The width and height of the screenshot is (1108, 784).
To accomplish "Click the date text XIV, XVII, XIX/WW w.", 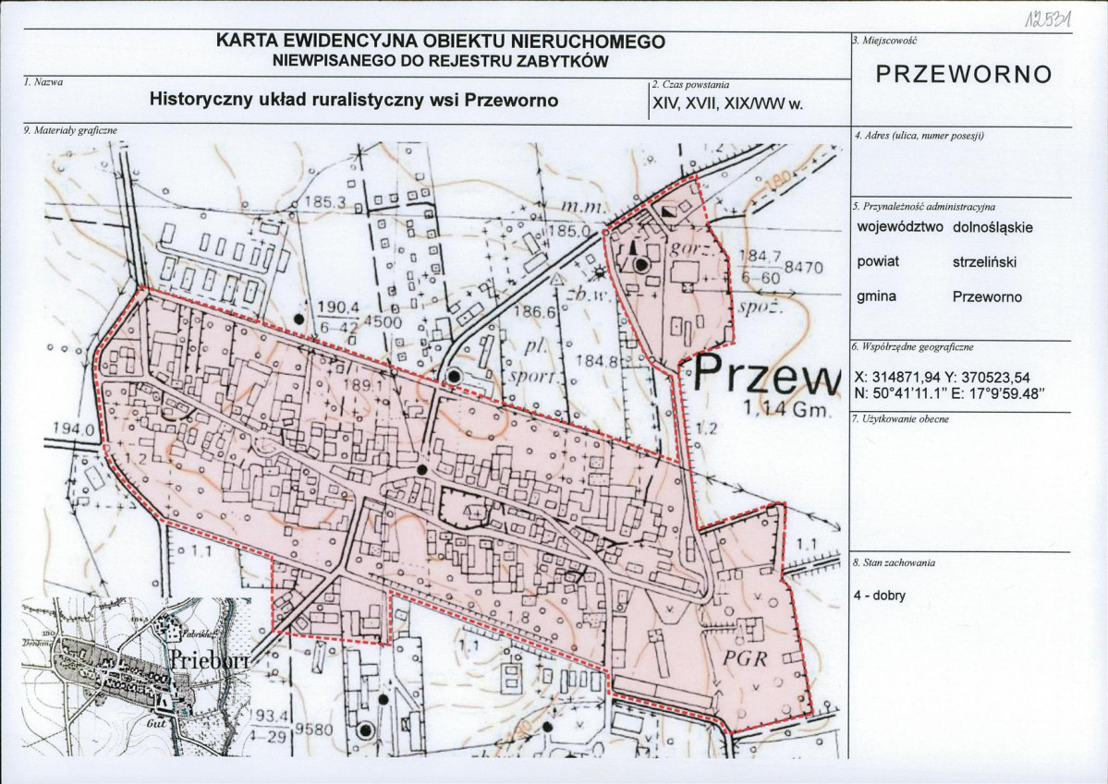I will [x=726, y=104].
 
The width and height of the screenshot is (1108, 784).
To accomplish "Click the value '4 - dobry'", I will [x=880, y=596].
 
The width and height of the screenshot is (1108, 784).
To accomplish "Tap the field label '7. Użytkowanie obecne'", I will [x=894, y=419].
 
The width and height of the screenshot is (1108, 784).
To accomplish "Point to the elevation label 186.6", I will [x=536, y=313].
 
